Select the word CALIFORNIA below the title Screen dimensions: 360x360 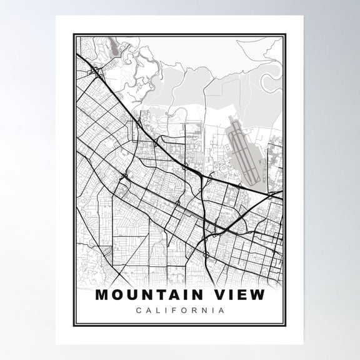(x=179, y=310)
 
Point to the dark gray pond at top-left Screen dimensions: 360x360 (x=113, y=45)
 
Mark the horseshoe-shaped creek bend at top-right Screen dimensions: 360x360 (x=269, y=81)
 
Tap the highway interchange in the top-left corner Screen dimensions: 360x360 (x=94, y=69)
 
